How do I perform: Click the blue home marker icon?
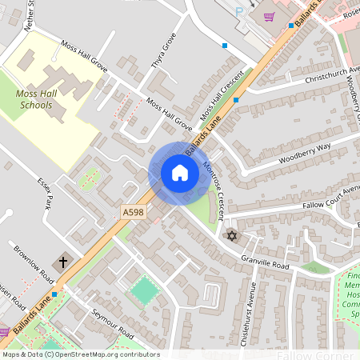click(180, 173)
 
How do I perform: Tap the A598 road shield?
click(134, 212)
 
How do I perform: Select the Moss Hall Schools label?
click(36, 99)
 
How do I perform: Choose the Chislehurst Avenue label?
click(250, 315)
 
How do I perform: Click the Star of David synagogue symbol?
click(233, 237)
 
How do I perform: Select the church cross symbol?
click(62, 262)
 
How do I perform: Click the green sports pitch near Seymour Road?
click(145, 289)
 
